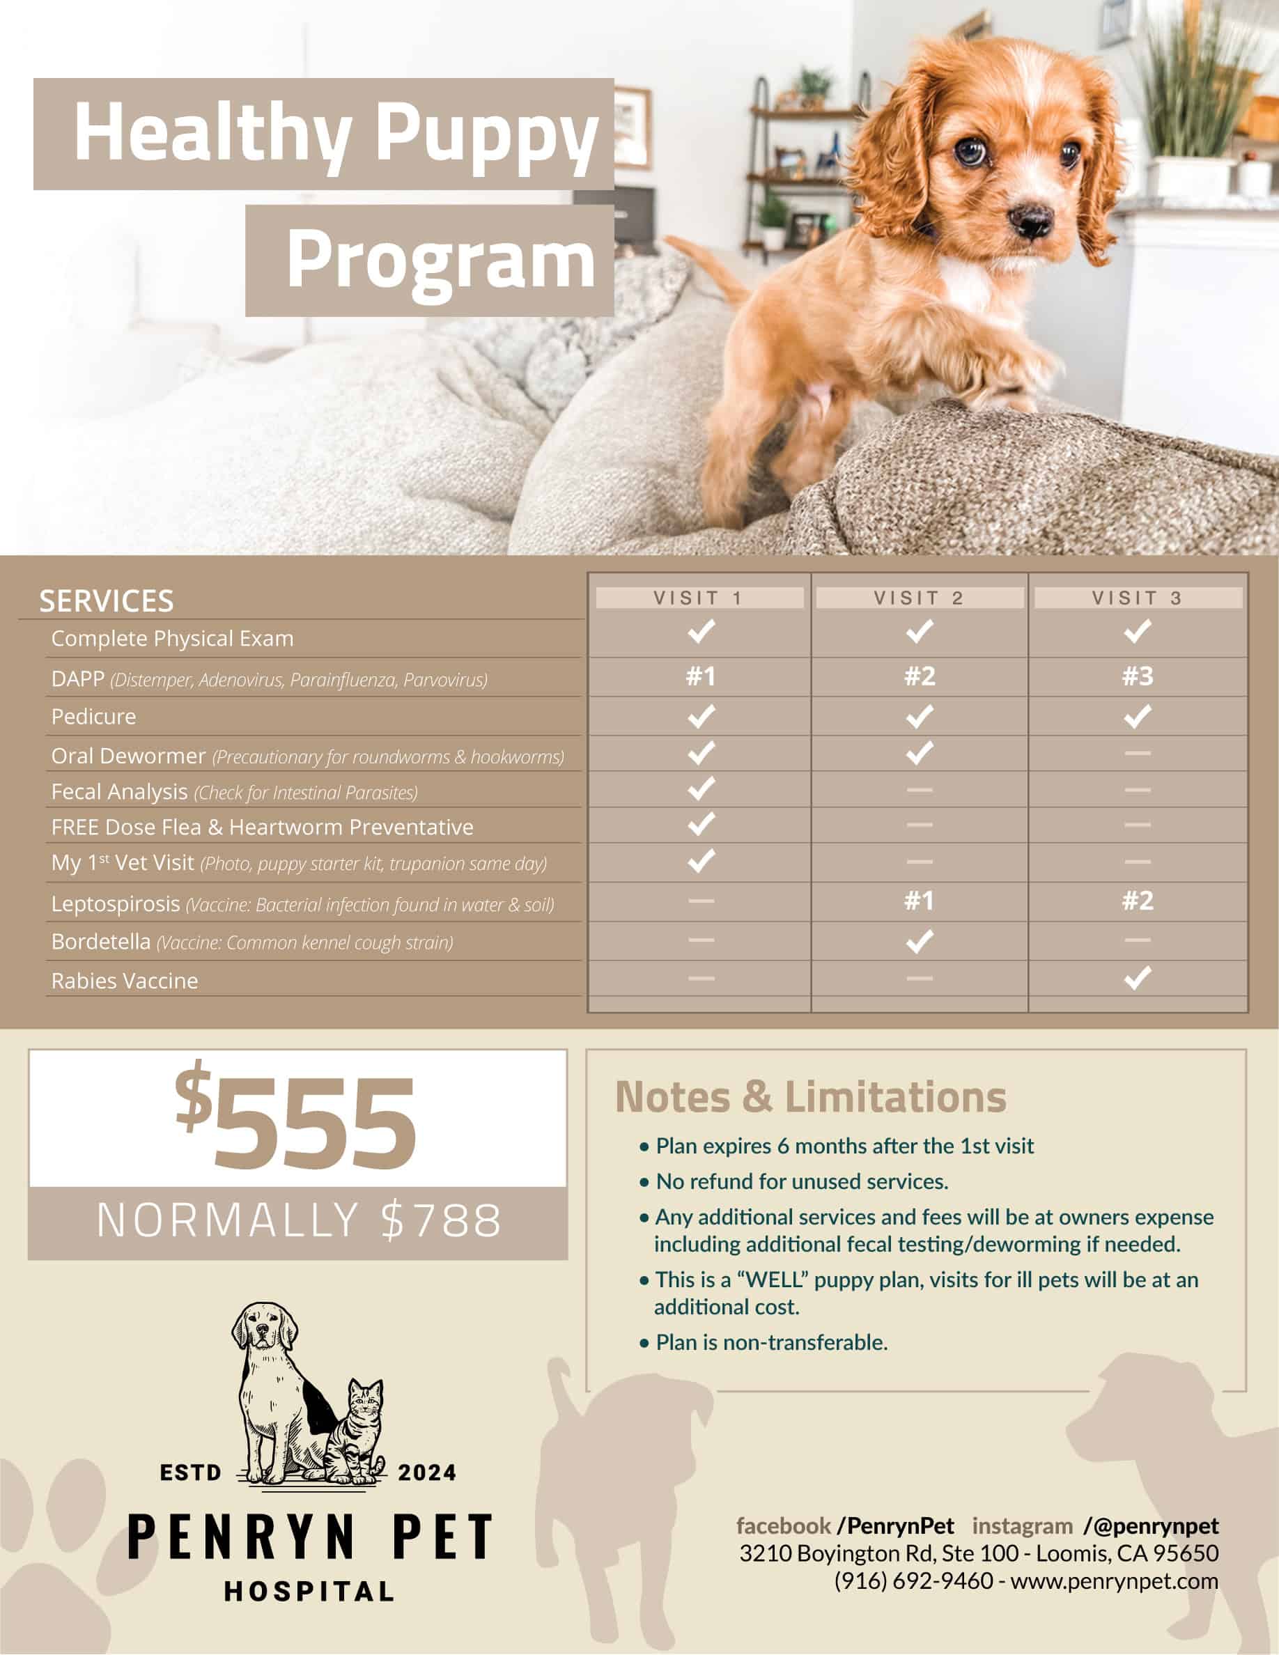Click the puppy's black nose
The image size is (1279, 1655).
click(1031, 219)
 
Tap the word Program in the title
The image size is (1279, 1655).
click(441, 261)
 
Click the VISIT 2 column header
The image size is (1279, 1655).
click(918, 598)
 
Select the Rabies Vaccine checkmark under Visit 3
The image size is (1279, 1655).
click(1137, 977)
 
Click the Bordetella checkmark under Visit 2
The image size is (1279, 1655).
click(919, 941)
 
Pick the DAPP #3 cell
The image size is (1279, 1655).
click(1138, 676)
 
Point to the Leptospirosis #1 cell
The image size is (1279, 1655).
click(919, 901)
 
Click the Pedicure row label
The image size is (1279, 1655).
click(94, 716)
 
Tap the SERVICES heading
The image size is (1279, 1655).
click(107, 601)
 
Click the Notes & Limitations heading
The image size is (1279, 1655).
click(810, 1096)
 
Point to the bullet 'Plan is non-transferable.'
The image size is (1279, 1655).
click(771, 1342)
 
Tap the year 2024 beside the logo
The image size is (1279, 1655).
click(427, 1473)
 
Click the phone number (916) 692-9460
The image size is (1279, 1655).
click(913, 1580)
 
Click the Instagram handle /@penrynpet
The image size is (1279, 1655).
click(1151, 1525)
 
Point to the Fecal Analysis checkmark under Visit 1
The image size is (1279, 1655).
click(701, 789)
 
